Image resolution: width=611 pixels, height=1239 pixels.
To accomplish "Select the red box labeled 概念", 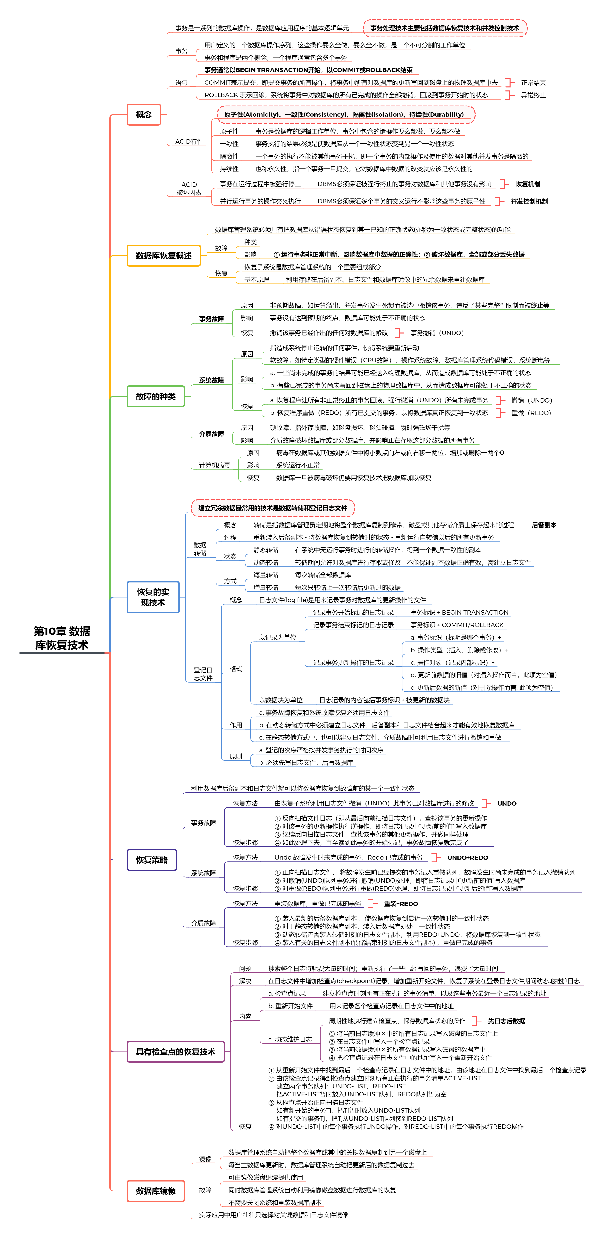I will click(144, 114).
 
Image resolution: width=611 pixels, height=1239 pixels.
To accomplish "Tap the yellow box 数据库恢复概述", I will click(164, 255).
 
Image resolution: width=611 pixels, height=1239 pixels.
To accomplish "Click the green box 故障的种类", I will click(155, 396).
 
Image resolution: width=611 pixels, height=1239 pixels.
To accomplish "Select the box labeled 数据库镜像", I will click(155, 1191).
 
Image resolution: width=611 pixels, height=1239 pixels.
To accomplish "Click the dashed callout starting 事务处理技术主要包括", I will click(445, 28).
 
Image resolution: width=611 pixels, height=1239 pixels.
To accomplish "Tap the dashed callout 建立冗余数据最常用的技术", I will click(273, 508).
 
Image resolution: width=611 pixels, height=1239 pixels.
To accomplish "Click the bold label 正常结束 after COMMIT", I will click(533, 83).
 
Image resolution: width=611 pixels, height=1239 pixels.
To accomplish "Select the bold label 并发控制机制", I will click(529, 202).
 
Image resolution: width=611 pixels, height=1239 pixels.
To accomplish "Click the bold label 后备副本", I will click(544, 525).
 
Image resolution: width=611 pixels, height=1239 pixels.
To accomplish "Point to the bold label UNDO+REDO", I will click(467, 858).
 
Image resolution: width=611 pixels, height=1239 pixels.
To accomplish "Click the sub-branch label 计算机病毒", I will click(214, 465).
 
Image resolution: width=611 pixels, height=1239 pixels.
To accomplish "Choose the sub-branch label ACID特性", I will click(189, 141).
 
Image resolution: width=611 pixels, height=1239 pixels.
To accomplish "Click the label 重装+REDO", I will click(400, 904).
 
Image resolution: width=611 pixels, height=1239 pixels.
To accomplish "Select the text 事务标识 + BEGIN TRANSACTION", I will click(459, 612).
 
